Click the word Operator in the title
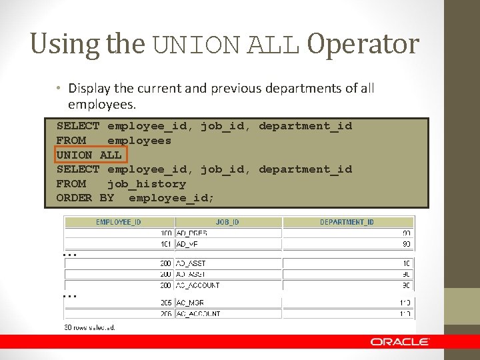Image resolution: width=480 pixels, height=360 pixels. click(363, 44)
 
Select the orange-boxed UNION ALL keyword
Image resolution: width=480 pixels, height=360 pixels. click(89, 155)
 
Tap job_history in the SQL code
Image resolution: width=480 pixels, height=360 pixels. click(146, 183)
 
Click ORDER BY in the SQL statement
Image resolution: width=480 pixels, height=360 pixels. click(85, 198)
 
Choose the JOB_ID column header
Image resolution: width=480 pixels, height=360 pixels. click(227, 222)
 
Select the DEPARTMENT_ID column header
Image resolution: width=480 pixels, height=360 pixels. click(347, 222)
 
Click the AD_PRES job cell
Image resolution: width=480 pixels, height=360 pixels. click(192, 233)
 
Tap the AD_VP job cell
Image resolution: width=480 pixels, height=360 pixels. click(188, 244)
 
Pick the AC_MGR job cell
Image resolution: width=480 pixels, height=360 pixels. click(191, 303)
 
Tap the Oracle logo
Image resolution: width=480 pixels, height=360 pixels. click(400, 341)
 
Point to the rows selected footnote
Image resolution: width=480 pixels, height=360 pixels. click(89, 327)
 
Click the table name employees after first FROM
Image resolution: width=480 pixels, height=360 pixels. click(139, 141)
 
